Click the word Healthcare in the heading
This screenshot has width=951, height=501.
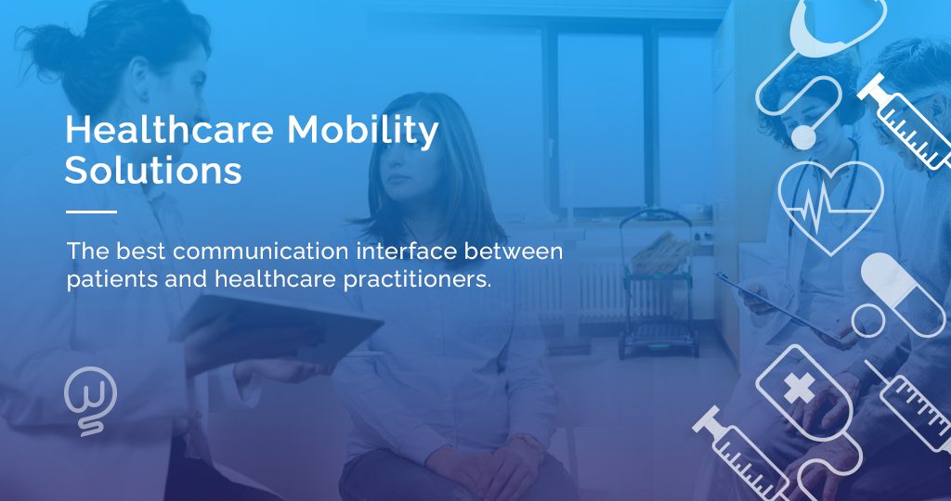click(169, 131)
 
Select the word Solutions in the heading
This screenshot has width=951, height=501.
click(153, 172)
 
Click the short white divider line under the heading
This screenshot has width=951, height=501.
click(91, 212)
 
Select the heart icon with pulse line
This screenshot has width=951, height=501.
click(829, 205)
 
